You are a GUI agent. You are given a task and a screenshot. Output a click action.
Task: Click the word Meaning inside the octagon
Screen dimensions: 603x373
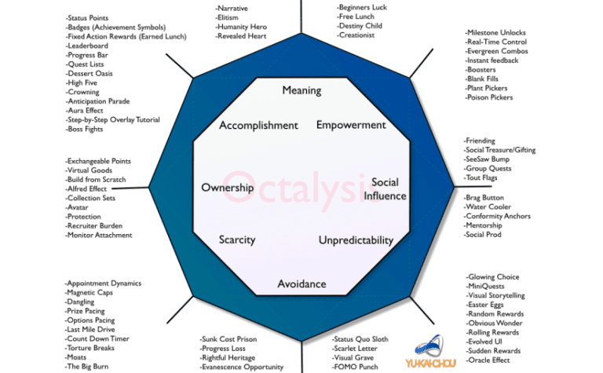[x=301, y=90]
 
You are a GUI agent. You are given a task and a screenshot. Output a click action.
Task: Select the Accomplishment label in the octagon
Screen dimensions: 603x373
[x=258, y=126]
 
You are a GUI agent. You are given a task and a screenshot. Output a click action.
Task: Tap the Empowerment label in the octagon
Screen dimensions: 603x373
[x=351, y=125]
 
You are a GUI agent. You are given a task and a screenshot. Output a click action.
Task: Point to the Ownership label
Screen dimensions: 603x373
[x=227, y=188]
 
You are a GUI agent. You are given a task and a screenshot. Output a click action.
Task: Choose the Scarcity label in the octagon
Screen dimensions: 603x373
[x=237, y=240]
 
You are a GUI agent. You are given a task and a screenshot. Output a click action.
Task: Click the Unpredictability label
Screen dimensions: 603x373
[x=356, y=240]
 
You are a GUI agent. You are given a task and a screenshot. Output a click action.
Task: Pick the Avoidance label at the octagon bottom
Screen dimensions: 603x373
[x=301, y=283]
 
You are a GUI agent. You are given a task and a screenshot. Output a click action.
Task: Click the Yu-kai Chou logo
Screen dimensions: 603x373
[x=431, y=351]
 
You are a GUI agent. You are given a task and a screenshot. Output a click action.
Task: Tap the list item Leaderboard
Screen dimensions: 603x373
[x=87, y=46]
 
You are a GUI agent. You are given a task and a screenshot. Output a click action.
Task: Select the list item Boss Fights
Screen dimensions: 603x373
[x=84, y=130]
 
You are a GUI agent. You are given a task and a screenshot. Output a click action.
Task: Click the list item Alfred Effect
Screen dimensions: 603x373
[x=86, y=188]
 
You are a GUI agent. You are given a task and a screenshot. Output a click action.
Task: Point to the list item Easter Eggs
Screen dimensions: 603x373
[x=485, y=305]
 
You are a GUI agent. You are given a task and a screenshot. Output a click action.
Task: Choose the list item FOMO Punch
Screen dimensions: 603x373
[x=355, y=367]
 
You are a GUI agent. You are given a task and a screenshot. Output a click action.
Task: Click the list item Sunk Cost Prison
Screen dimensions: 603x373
[x=228, y=339]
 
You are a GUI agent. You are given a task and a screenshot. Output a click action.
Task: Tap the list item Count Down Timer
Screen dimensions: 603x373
[x=97, y=338]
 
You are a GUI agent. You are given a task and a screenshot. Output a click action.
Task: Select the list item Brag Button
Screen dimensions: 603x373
[x=484, y=198]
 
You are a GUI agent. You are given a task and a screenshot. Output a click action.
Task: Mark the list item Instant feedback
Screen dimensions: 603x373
[x=492, y=60]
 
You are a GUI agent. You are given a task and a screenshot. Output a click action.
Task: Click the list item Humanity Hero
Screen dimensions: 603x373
[x=241, y=27]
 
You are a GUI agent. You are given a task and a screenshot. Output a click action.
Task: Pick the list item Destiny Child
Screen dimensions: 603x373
[x=360, y=26]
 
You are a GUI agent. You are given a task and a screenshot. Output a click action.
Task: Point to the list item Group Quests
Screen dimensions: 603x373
[x=488, y=168]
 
